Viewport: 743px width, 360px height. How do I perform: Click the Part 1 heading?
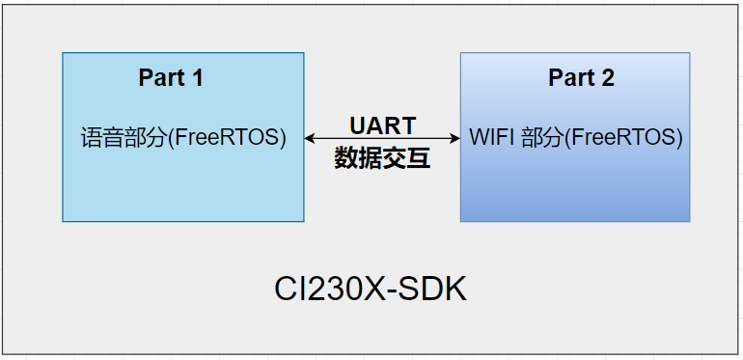pyautogui.click(x=171, y=78)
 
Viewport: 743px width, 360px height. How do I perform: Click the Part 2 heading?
pyautogui.click(x=581, y=78)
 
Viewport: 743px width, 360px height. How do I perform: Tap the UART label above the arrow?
pyautogui.click(x=382, y=125)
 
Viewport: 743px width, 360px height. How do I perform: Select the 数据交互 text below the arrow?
pyautogui.click(x=382, y=159)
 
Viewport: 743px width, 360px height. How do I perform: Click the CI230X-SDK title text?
pyautogui.click(x=371, y=290)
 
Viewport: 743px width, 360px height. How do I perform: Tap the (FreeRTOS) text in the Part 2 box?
pyautogui.click(x=623, y=138)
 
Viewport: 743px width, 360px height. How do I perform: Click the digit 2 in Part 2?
pyautogui.click(x=608, y=78)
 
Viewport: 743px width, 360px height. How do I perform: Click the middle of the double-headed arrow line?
pyautogui.click(x=382, y=139)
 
